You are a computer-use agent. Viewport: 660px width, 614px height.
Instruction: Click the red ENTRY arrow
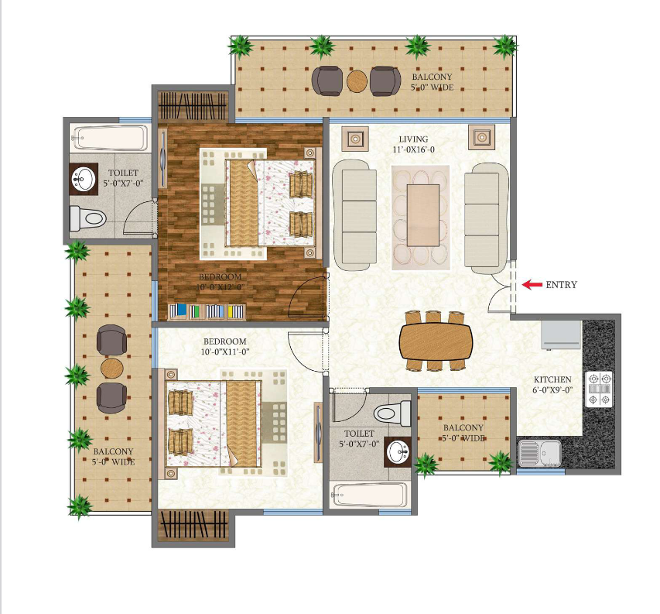[x=532, y=285]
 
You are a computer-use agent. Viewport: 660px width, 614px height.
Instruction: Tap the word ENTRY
[x=561, y=285]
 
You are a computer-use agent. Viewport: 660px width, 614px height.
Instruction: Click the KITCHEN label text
[x=552, y=379]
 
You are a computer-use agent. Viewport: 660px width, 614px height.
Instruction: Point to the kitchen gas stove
[x=599, y=389]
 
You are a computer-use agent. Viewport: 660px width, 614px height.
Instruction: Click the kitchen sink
[x=539, y=453]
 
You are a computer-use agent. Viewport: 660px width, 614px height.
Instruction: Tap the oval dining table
[x=436, y=341]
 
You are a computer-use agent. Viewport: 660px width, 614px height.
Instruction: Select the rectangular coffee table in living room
[x=423, y=215]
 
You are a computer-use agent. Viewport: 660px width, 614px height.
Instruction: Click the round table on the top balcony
[x=357, y=81]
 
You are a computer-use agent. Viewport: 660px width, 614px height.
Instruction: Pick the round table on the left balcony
[x=112, y=369]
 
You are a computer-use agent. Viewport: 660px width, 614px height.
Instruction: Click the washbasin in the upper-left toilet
[x=84, y=179]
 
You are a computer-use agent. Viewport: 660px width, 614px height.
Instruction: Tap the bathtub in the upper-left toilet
[x=111, y=137]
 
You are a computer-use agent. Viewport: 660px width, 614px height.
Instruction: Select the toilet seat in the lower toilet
[x=392, y=413]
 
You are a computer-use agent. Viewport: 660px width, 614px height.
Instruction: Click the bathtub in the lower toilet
[x=370, y=495]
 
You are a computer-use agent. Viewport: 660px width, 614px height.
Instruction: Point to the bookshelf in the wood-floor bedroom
[x=207, y=311]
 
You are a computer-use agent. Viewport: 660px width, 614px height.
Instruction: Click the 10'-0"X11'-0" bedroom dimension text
[x=225, y=352]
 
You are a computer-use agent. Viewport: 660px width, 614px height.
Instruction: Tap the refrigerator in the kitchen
[x=561, y=335]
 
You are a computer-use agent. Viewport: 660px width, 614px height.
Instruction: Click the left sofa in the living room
[x=355, y=214]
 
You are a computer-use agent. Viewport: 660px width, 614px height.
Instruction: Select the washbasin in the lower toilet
[x=398, y=452]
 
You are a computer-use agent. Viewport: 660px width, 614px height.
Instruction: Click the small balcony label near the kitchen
[x=463, y=433]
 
